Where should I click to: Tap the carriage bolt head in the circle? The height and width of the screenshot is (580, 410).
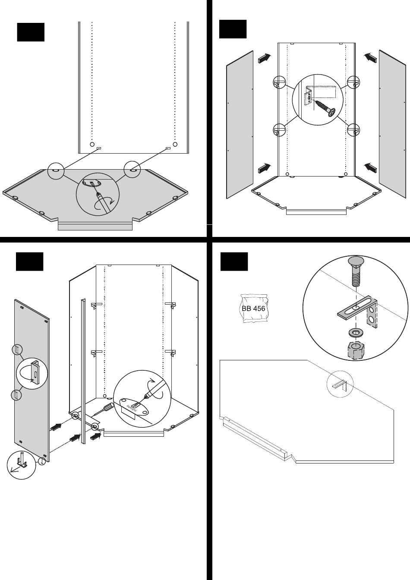(x=355, y=264)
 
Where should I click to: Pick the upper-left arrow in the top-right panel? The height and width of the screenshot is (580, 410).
(x=265, y=58)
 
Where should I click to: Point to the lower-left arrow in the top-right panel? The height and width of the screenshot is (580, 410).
(x=265, y=167)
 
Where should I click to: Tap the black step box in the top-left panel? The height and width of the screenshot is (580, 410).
(x=31, y=32)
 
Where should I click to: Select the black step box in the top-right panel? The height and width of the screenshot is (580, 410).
(x=233, y=29)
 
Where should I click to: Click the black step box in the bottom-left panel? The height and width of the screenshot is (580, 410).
(x=29, y=262)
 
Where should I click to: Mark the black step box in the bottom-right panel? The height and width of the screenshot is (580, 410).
(x=234, y=262)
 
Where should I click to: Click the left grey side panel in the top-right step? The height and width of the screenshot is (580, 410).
(x=240, y=124)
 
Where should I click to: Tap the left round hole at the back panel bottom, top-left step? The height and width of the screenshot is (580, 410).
(x=92, y=144)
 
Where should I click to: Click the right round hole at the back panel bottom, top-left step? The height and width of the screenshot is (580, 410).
(x=175, y=144)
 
